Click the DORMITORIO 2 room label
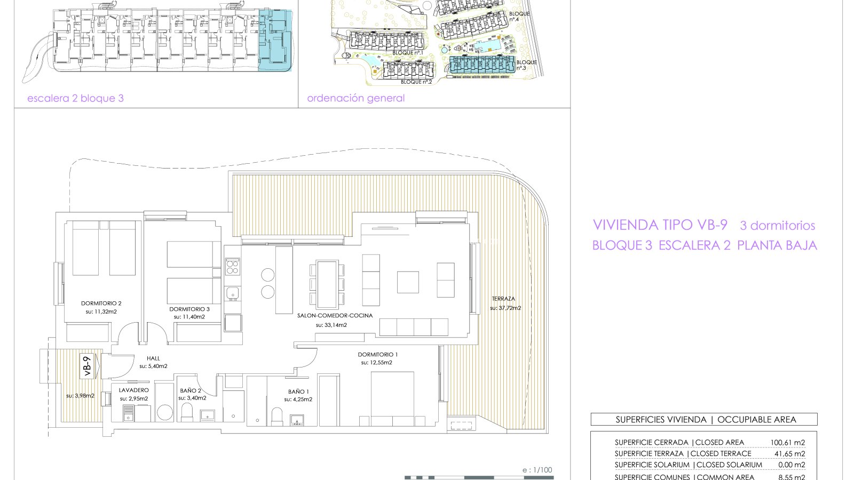101,303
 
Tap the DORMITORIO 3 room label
189,309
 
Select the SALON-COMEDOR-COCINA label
335,315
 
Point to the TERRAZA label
503,299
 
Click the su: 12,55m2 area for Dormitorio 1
377,363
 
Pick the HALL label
153,358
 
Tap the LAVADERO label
134,390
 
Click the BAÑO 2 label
191,390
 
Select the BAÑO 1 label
298,391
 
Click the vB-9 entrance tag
88,366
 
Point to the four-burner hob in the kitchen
233,267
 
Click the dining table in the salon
327,284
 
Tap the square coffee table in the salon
408,282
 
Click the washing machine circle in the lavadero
165,413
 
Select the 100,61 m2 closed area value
788,443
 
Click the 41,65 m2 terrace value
789,454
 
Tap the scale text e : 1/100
537,470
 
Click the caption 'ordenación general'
355,98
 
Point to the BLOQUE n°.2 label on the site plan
416,82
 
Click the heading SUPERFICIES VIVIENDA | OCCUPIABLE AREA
706,419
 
